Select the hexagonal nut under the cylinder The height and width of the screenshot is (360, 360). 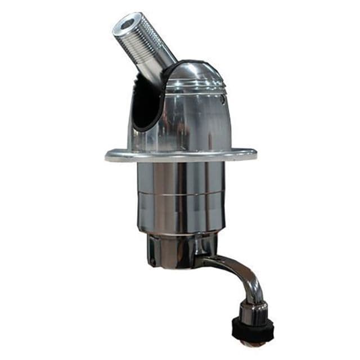click(x=169, y=250)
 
